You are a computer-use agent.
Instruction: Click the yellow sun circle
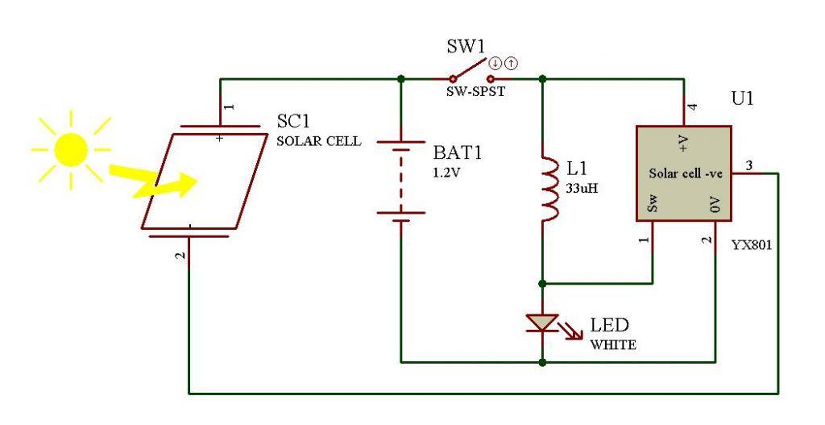(x=70, y=148)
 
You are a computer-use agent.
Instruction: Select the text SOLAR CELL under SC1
(x=318, y=141)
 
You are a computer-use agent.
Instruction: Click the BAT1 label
(x=458, y=153)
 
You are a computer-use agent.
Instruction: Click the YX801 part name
(x=752, y=246)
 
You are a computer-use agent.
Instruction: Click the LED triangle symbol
(x=542, y=323)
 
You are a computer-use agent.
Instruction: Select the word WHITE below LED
(x=614, y=345)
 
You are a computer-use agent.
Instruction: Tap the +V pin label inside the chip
(x=684, y=144)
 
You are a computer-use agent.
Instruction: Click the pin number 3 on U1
(x=748, y=166)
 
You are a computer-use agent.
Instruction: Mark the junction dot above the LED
(x=542, y=283)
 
